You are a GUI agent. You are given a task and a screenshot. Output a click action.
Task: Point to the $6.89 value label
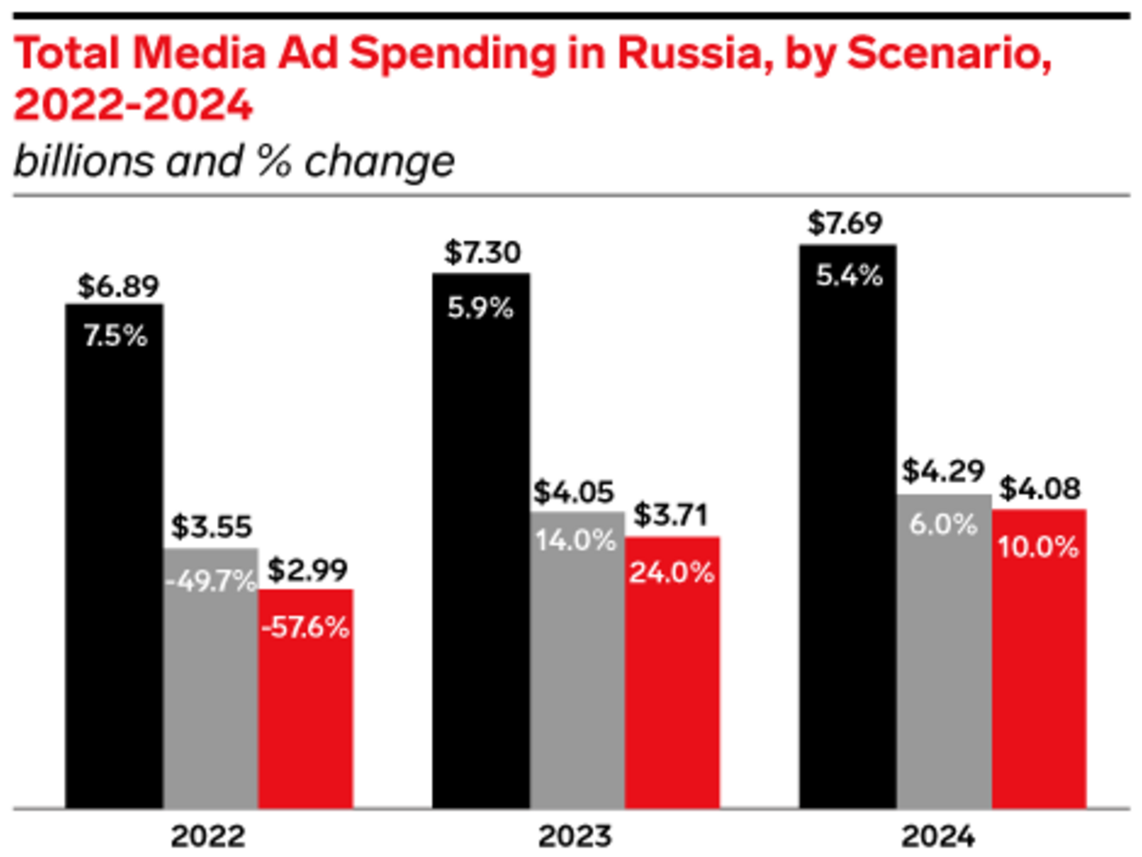click(x=114, y=286)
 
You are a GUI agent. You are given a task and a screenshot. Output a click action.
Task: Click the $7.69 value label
click(x=847, y=225)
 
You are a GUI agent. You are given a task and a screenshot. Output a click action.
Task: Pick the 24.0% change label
click(x=672, y=575)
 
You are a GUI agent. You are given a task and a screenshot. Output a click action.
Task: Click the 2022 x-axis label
click(x=209, y=838)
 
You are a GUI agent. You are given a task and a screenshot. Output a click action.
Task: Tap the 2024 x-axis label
click(x=942, y=838)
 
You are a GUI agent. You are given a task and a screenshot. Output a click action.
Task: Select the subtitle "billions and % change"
click(x=233, y=162)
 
